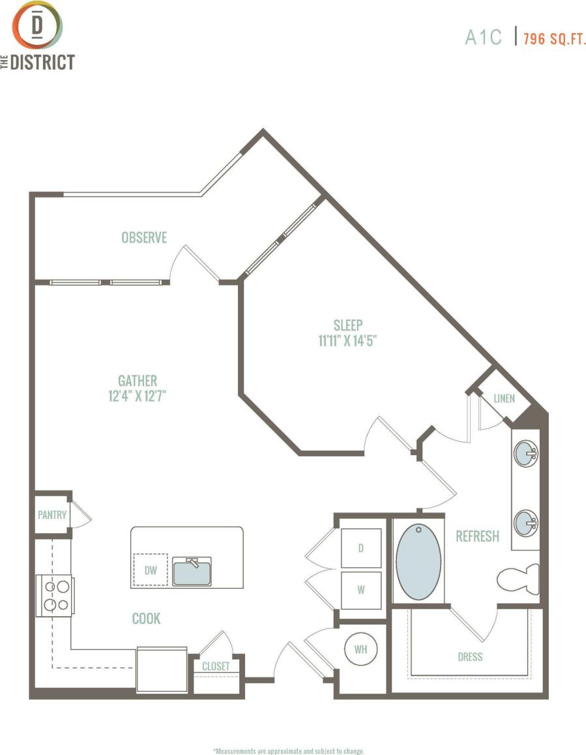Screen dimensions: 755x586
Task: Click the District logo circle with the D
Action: [x=38, y=25]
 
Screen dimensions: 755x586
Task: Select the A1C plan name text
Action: [x=483, y=37]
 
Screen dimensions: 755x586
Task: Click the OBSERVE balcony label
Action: [x=144, y=238]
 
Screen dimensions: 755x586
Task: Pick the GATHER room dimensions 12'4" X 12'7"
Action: [x=138, y=396]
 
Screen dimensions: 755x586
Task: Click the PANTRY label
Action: [x=52, y=514]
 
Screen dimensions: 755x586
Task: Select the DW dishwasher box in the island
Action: [x=151, y=570]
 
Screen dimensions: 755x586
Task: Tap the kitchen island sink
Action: [x=192, y=571]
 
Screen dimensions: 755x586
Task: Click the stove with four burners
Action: [x=55, y=595]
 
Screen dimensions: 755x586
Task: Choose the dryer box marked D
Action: [x=360, y=548]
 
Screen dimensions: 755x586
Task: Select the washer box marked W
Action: [x=360, y=589]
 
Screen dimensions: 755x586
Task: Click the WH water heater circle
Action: [x=360, y=649]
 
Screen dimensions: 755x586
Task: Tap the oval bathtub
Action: [x=418, y=561]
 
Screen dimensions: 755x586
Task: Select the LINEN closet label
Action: [x=504, y=398]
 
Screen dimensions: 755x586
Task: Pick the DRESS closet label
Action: [x=469, y=657]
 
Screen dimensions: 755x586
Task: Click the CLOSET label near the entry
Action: [x=216, y=666]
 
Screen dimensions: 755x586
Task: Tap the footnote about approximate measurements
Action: [x=288, y=750]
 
